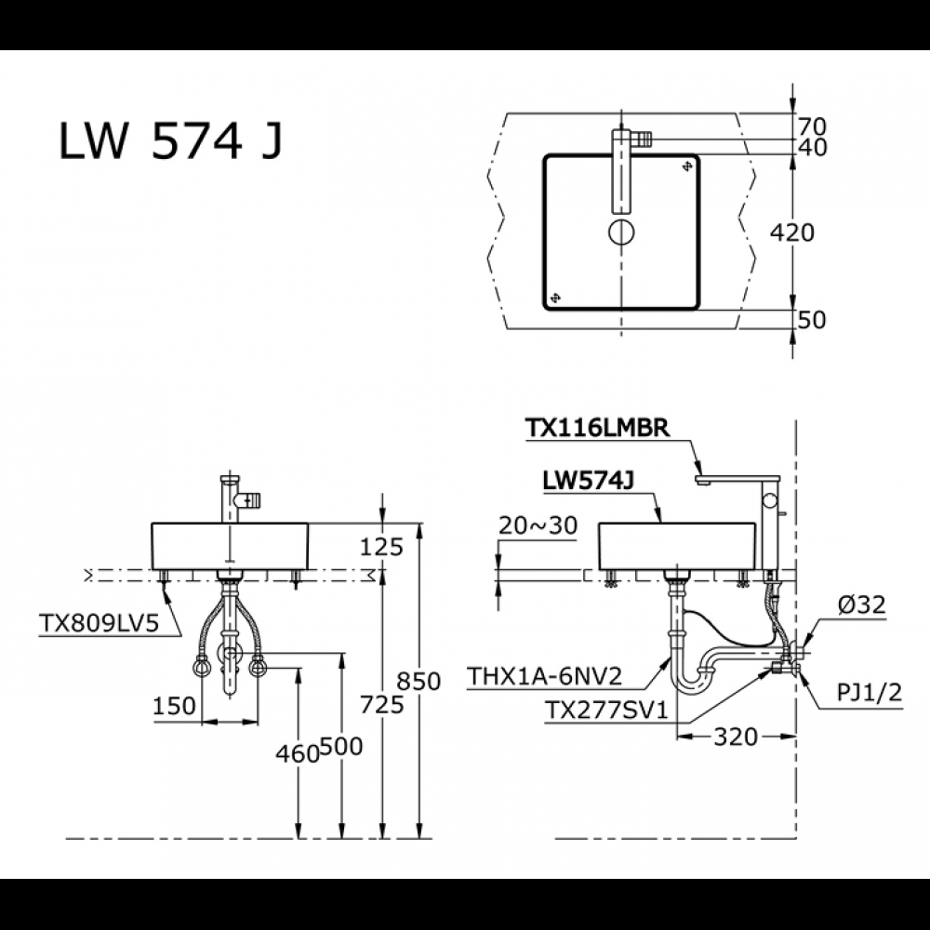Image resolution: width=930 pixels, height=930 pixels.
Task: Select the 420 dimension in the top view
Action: tap(792, 232)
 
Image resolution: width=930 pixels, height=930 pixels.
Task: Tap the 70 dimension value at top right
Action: tap(812, 125)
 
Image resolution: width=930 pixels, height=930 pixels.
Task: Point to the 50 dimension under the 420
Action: tap(812, 319)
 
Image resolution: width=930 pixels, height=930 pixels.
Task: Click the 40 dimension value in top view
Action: tap(812, 147)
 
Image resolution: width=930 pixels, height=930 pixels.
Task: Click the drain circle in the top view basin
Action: tap(619, 232)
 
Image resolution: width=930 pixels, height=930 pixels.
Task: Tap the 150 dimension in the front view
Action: tap(174, 706)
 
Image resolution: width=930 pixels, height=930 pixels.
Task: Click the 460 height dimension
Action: tap(299, 753)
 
